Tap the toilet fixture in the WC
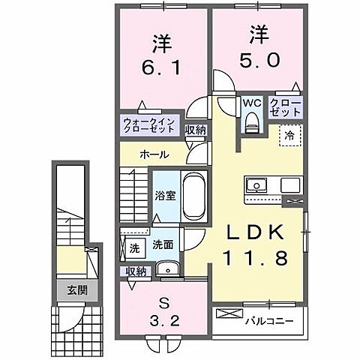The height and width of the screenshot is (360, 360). [x=252, y=120]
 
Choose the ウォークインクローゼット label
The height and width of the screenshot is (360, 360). [x=149, y=124]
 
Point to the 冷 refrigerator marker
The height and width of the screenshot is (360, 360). [x=288, y=136]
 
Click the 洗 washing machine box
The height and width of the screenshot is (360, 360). [x=134, y=247]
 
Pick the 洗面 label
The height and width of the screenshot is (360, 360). [x=163, y=244]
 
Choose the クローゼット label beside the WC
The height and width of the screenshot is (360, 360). [x=286, y=107]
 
